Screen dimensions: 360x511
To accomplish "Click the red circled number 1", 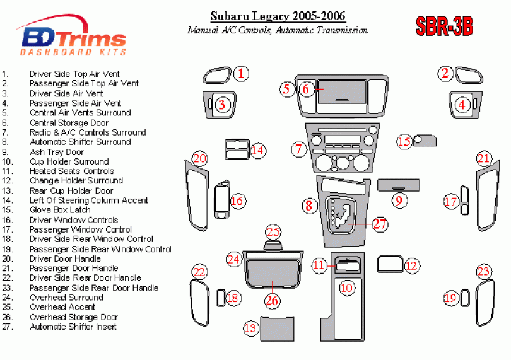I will point(240,74).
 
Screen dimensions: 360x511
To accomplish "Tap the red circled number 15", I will point(404,142).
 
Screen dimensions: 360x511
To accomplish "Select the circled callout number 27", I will point(379,224).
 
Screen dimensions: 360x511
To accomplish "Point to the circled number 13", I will point(250,328).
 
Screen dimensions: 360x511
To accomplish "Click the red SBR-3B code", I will point(444,26).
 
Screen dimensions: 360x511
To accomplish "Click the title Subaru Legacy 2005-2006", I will point(278,16).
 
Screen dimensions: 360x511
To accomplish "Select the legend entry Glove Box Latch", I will point(60,210).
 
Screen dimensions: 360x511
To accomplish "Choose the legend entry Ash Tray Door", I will point(56,152).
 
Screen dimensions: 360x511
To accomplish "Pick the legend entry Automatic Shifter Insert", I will point(73,327).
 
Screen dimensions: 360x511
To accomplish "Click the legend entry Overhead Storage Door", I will point(73,317).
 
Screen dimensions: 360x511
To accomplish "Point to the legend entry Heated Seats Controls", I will point(71,171).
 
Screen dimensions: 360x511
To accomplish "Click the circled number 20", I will point(199,158).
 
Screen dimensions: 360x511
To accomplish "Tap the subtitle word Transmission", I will point(341,30).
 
